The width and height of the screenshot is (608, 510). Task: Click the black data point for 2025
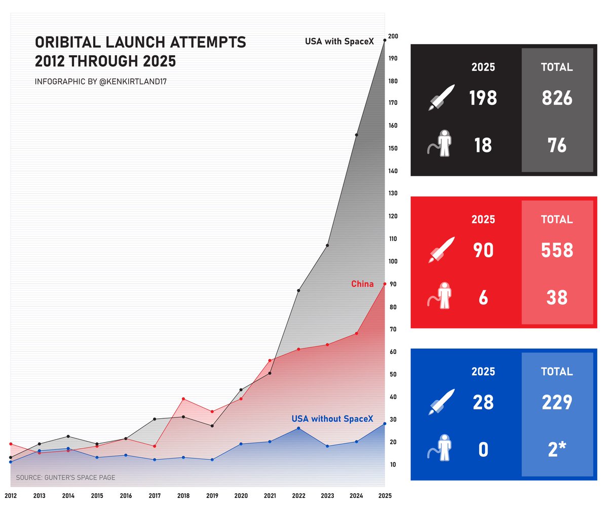coord(385,40)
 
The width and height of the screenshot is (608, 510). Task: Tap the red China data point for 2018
coord(183,399)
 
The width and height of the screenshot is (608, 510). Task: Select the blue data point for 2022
coord(298,428)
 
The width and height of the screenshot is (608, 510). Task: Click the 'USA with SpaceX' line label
coord(339,42)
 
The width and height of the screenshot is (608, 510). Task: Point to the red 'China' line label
coord(362,284)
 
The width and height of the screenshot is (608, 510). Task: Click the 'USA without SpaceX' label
coord(332,419)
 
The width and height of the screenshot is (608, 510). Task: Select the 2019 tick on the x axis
coord(212,496)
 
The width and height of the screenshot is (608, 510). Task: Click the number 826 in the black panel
coord(557,98)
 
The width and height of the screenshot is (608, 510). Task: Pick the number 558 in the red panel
coord(557,251)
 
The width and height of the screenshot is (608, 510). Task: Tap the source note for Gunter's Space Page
coord(65,478)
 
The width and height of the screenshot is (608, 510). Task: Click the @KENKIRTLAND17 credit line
coord(97,82)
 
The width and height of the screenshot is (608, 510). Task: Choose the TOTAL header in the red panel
coord(557,220)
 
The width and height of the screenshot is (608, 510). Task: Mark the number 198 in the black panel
coord(483,98)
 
